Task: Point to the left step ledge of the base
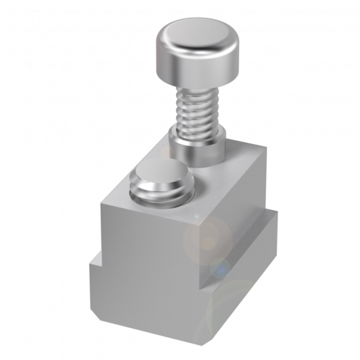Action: (x=95, y=261)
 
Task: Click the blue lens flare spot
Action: (x=221, y=268)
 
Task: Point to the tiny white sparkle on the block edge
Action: (x=194, y=216)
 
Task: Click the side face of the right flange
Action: (x=245, y=281)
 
